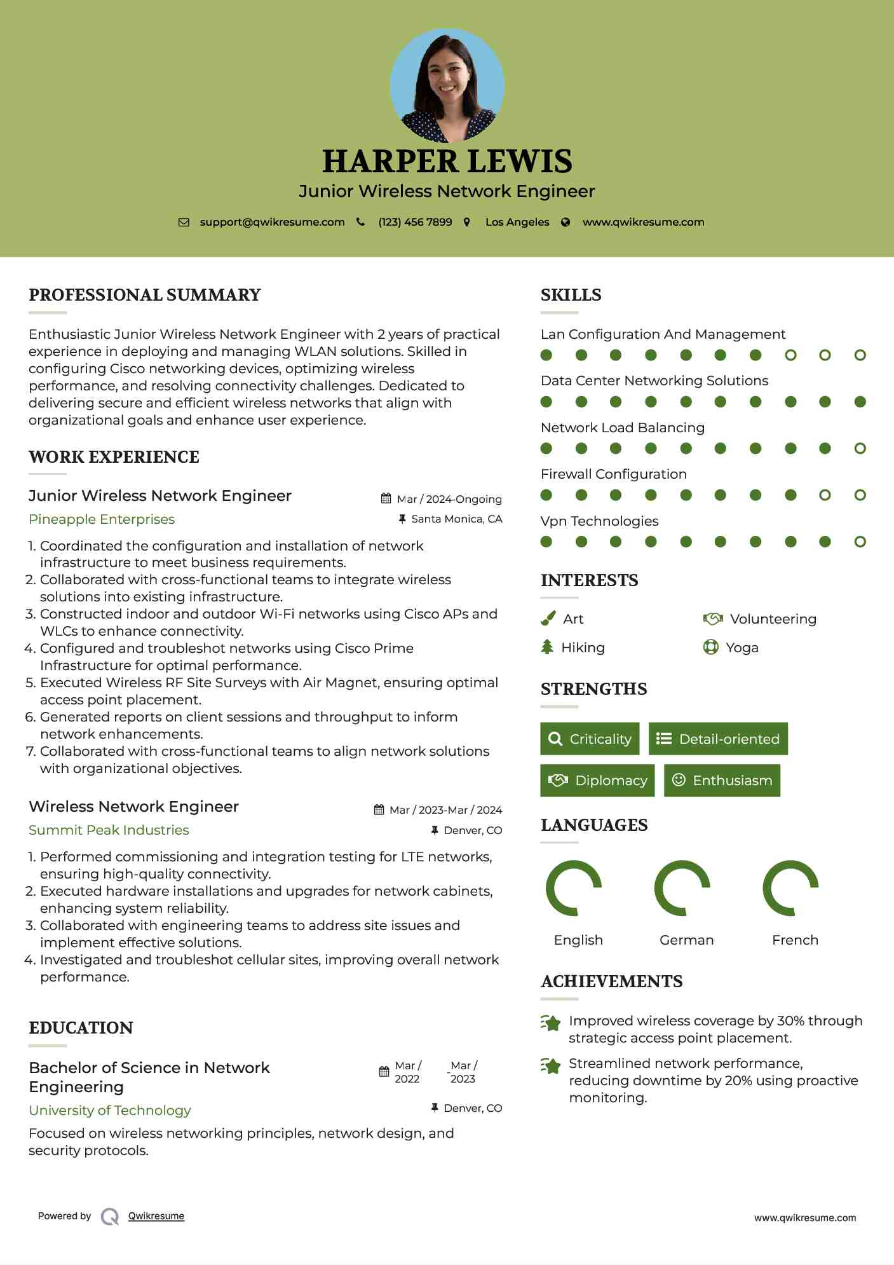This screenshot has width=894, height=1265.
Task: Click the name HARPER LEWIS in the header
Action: coord(447,161)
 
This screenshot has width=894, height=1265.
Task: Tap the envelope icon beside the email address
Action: coord(184,222)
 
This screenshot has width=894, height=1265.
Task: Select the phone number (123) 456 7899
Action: coord(415,222)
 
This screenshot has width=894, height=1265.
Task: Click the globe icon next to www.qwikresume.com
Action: coord(566,222)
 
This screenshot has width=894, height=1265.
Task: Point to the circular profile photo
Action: coord(447,85)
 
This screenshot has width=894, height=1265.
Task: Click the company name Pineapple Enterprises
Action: coord(102,519)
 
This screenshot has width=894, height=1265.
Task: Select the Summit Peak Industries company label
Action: coord(109,830)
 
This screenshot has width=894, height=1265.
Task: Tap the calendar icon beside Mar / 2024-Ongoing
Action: coord(386,498)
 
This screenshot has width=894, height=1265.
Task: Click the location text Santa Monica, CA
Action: coord(456,519)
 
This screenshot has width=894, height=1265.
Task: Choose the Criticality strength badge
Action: coord(590,739)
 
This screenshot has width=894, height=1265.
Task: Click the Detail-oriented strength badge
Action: coord(718,739)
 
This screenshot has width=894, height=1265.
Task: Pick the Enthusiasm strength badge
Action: coord(722,780)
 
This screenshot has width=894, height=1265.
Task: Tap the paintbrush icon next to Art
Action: coord(548,619)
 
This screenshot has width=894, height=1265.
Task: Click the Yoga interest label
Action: coord(742,648)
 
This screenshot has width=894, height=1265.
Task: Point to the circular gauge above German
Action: coord(682,888)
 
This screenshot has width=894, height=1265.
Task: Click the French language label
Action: coord(795,940)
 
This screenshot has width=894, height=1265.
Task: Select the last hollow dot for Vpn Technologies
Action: coord(860,542)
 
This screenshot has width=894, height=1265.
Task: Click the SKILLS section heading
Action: coord(571,295)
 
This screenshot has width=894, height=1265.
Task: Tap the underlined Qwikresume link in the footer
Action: coord(156,1216)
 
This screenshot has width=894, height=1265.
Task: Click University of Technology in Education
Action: coord(110,1111)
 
